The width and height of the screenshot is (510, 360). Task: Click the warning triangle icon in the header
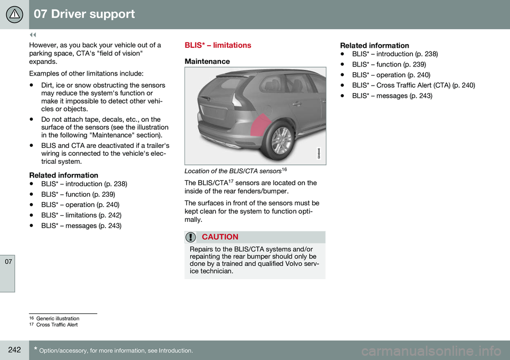[x=14, y=14]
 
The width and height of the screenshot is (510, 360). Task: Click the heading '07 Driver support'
[x=84, y=14]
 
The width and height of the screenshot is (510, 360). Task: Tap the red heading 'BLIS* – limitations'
[x=218, y=46]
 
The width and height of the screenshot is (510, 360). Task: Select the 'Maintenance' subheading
[x=207, y=62]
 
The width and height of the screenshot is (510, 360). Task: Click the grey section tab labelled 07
[x=7, y=263]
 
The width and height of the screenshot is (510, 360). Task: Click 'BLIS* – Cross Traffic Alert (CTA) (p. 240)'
[x=413, y=85]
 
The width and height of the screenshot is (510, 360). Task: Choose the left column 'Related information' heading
[x=63, y=175]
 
